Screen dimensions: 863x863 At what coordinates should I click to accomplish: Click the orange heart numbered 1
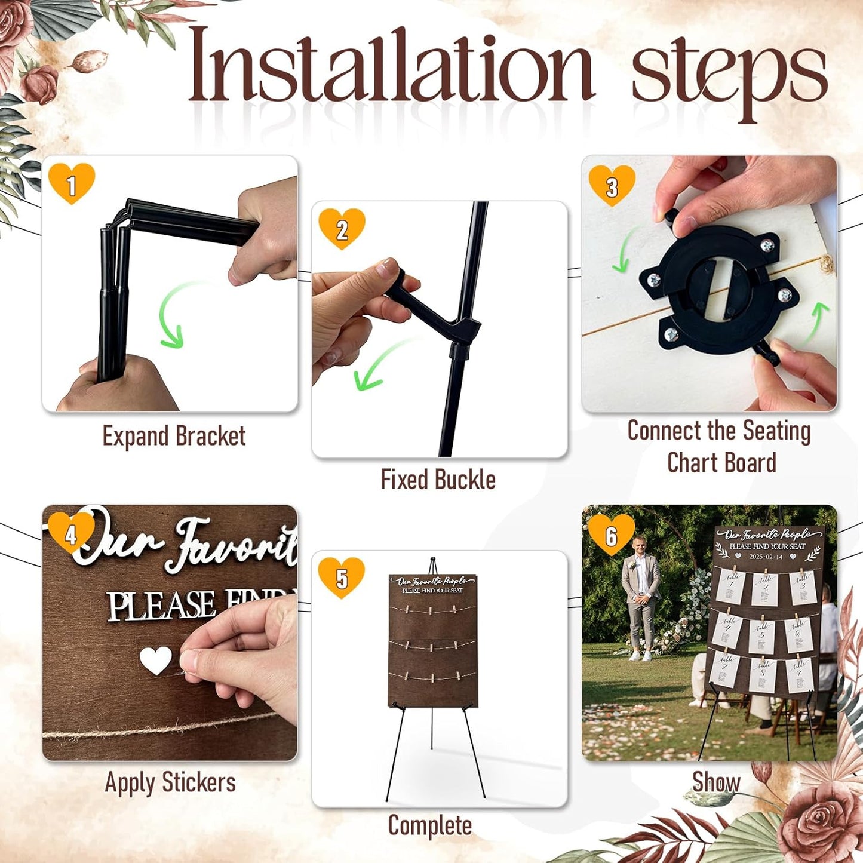click(x=72, y=183)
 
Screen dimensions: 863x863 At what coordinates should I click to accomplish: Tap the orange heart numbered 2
click(x=342, y=228)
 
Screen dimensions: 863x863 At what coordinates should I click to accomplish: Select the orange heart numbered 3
click(x=612, y=186)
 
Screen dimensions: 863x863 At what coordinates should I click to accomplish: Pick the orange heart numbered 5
click(x=341, y=577)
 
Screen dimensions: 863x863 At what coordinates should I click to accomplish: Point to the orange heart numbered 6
click(x=611, y=534)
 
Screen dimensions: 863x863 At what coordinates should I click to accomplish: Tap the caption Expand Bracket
click(x=174, y=436)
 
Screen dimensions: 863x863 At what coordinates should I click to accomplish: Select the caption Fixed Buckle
click(x=438, y=480)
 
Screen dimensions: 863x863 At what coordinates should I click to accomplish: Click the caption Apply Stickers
click(x=170, y=782)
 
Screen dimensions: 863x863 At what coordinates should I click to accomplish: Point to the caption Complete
click(x=429, y=826)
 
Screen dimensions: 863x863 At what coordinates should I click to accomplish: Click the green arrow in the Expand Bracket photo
click(x=170, y=317)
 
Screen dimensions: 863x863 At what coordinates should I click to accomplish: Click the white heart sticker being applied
click(x=155, y=661)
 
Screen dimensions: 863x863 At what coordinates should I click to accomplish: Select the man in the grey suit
click(x=640, y=603)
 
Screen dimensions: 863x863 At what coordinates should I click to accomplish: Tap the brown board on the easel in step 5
click(x=433, y=645)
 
